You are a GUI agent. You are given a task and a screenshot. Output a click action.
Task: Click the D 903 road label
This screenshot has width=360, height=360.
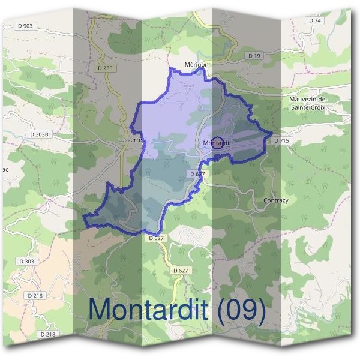click(x=26, y=25)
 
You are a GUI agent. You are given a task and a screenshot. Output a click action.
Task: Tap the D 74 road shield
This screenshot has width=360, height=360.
click(x=314, y=20)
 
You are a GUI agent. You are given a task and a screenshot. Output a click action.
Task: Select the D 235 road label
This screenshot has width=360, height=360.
click(x=104, y=68)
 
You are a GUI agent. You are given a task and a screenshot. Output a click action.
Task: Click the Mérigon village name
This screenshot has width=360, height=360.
click(x=196, y=65)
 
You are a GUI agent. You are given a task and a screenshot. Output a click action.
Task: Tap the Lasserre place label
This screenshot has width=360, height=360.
click(x=130, y=140)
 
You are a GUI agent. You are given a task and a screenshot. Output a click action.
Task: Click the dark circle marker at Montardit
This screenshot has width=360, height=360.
click(x=218, y=142)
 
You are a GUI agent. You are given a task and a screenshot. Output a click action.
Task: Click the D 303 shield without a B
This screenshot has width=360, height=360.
click(x=27, y=262)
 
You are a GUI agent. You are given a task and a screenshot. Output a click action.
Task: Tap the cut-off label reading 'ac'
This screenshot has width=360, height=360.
click(x=5, y=169)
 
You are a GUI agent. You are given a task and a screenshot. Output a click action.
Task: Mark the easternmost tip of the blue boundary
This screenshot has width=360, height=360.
click(x=272, y=133)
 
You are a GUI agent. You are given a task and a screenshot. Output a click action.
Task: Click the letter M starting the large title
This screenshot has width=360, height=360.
click(x=100, y=310)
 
